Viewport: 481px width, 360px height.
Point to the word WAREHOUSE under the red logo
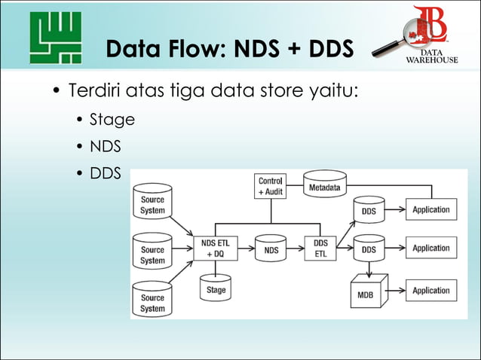point(432,60)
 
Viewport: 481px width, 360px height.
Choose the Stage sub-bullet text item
point(112,119)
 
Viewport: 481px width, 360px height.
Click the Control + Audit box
point(271,186)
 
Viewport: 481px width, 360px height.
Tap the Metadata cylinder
point(325,186)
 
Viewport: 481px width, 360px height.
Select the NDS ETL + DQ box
point(215,248)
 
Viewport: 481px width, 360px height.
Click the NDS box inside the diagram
point(271,248)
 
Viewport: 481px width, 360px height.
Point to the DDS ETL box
point(320,248)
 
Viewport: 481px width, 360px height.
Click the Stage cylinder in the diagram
point(215,288)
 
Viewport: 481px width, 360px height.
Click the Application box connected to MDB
point(431,290)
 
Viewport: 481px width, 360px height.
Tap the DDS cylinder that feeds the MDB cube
point(369,248)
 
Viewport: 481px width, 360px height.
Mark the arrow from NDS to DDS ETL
point(296,248)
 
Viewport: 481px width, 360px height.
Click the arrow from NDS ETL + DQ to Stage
point(215,268)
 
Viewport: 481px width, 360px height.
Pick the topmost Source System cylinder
point(152,204)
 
